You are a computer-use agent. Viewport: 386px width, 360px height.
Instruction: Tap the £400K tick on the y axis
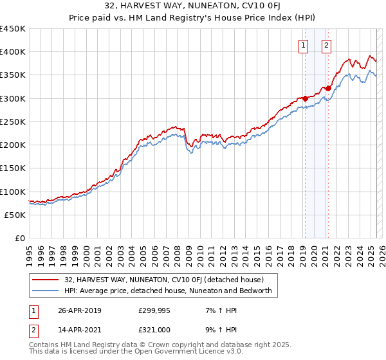point(13,52)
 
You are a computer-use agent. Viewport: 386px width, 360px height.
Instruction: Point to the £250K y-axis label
point(13,122)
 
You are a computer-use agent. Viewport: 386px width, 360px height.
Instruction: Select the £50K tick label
point(15,215)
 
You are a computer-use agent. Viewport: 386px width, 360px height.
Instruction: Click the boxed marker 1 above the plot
point(303,45)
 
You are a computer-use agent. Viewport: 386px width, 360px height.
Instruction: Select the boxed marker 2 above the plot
point(327,45)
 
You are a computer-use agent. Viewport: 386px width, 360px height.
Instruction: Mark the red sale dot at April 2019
point(305,98)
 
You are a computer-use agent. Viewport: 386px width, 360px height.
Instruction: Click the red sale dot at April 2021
point(328,89)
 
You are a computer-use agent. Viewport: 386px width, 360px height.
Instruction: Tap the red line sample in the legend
point(46,280)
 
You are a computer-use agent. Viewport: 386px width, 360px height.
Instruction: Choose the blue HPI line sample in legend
point(46,291)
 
